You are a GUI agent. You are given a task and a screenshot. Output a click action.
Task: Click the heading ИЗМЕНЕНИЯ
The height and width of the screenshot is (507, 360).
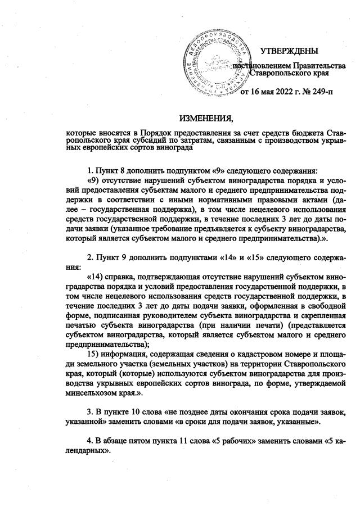click(206, 119)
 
